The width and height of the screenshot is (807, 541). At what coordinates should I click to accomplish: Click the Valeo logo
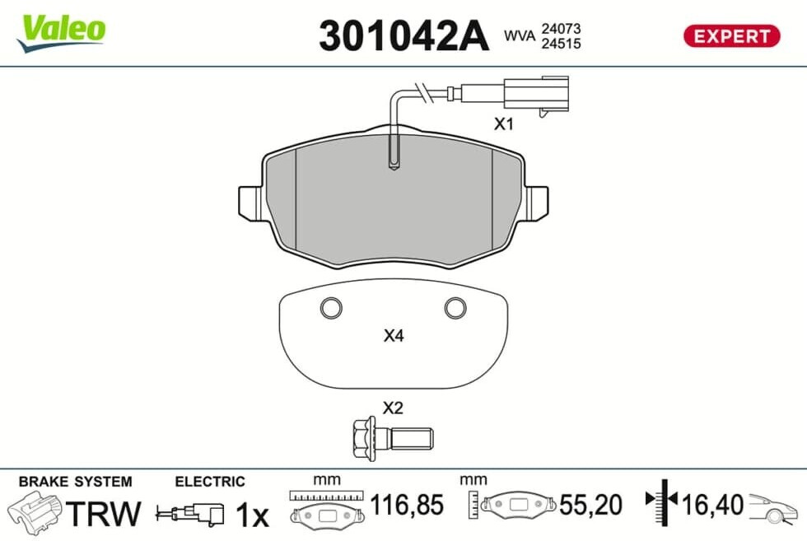[61, 32]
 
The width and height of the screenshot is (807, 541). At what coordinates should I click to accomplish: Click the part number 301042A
[403, 35]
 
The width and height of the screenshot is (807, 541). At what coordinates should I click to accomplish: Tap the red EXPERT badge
[731, 36]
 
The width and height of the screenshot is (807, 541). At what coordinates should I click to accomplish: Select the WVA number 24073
[561, 29]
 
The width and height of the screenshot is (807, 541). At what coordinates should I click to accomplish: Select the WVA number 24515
[561, 44]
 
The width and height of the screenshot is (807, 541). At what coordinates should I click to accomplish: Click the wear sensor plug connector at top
[536, 95]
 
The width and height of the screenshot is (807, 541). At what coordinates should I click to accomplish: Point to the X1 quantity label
[504, 124]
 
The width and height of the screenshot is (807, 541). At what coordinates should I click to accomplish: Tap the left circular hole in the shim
[331, 308]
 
